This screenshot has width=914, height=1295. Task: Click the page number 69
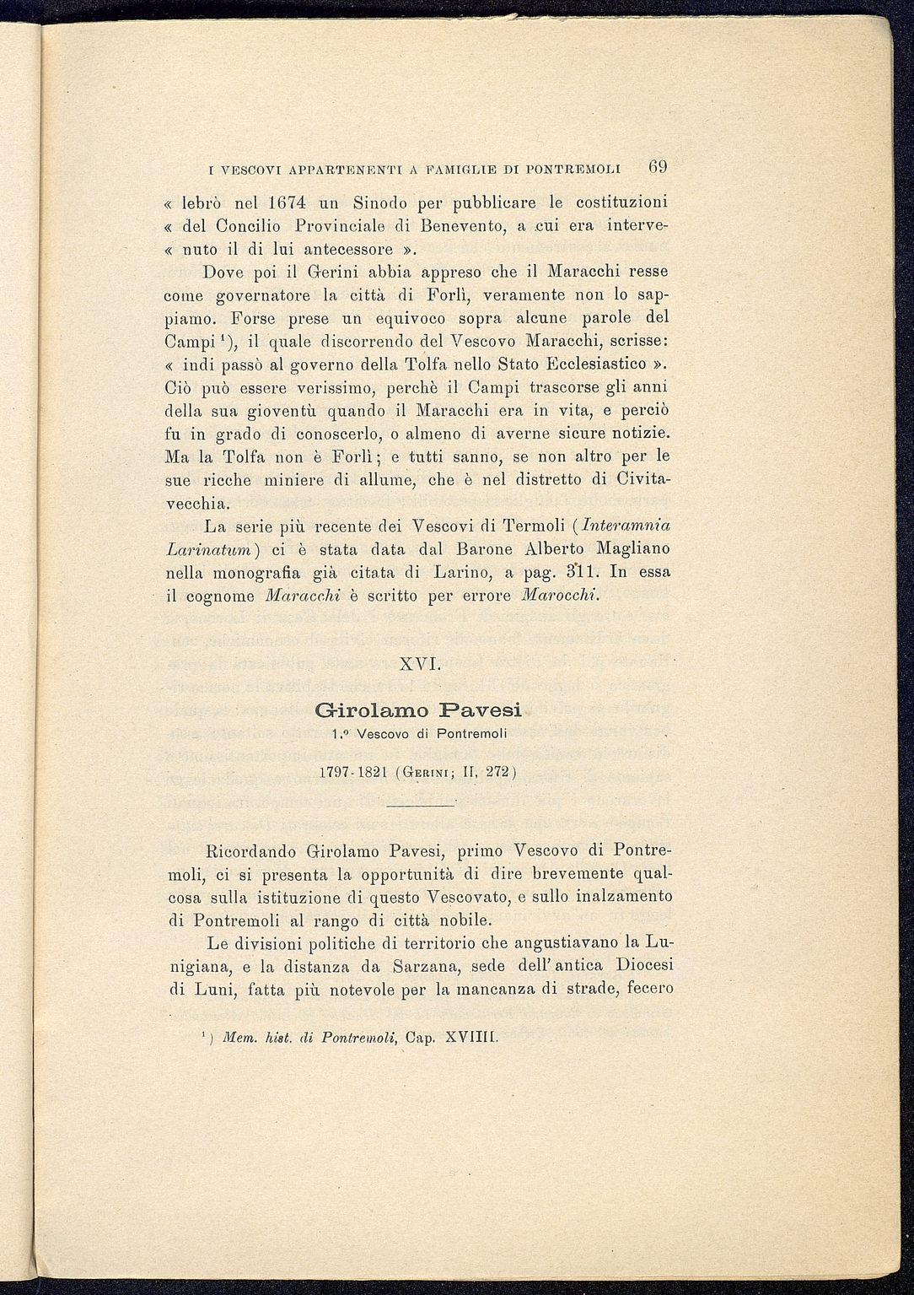(x=658, y=166)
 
